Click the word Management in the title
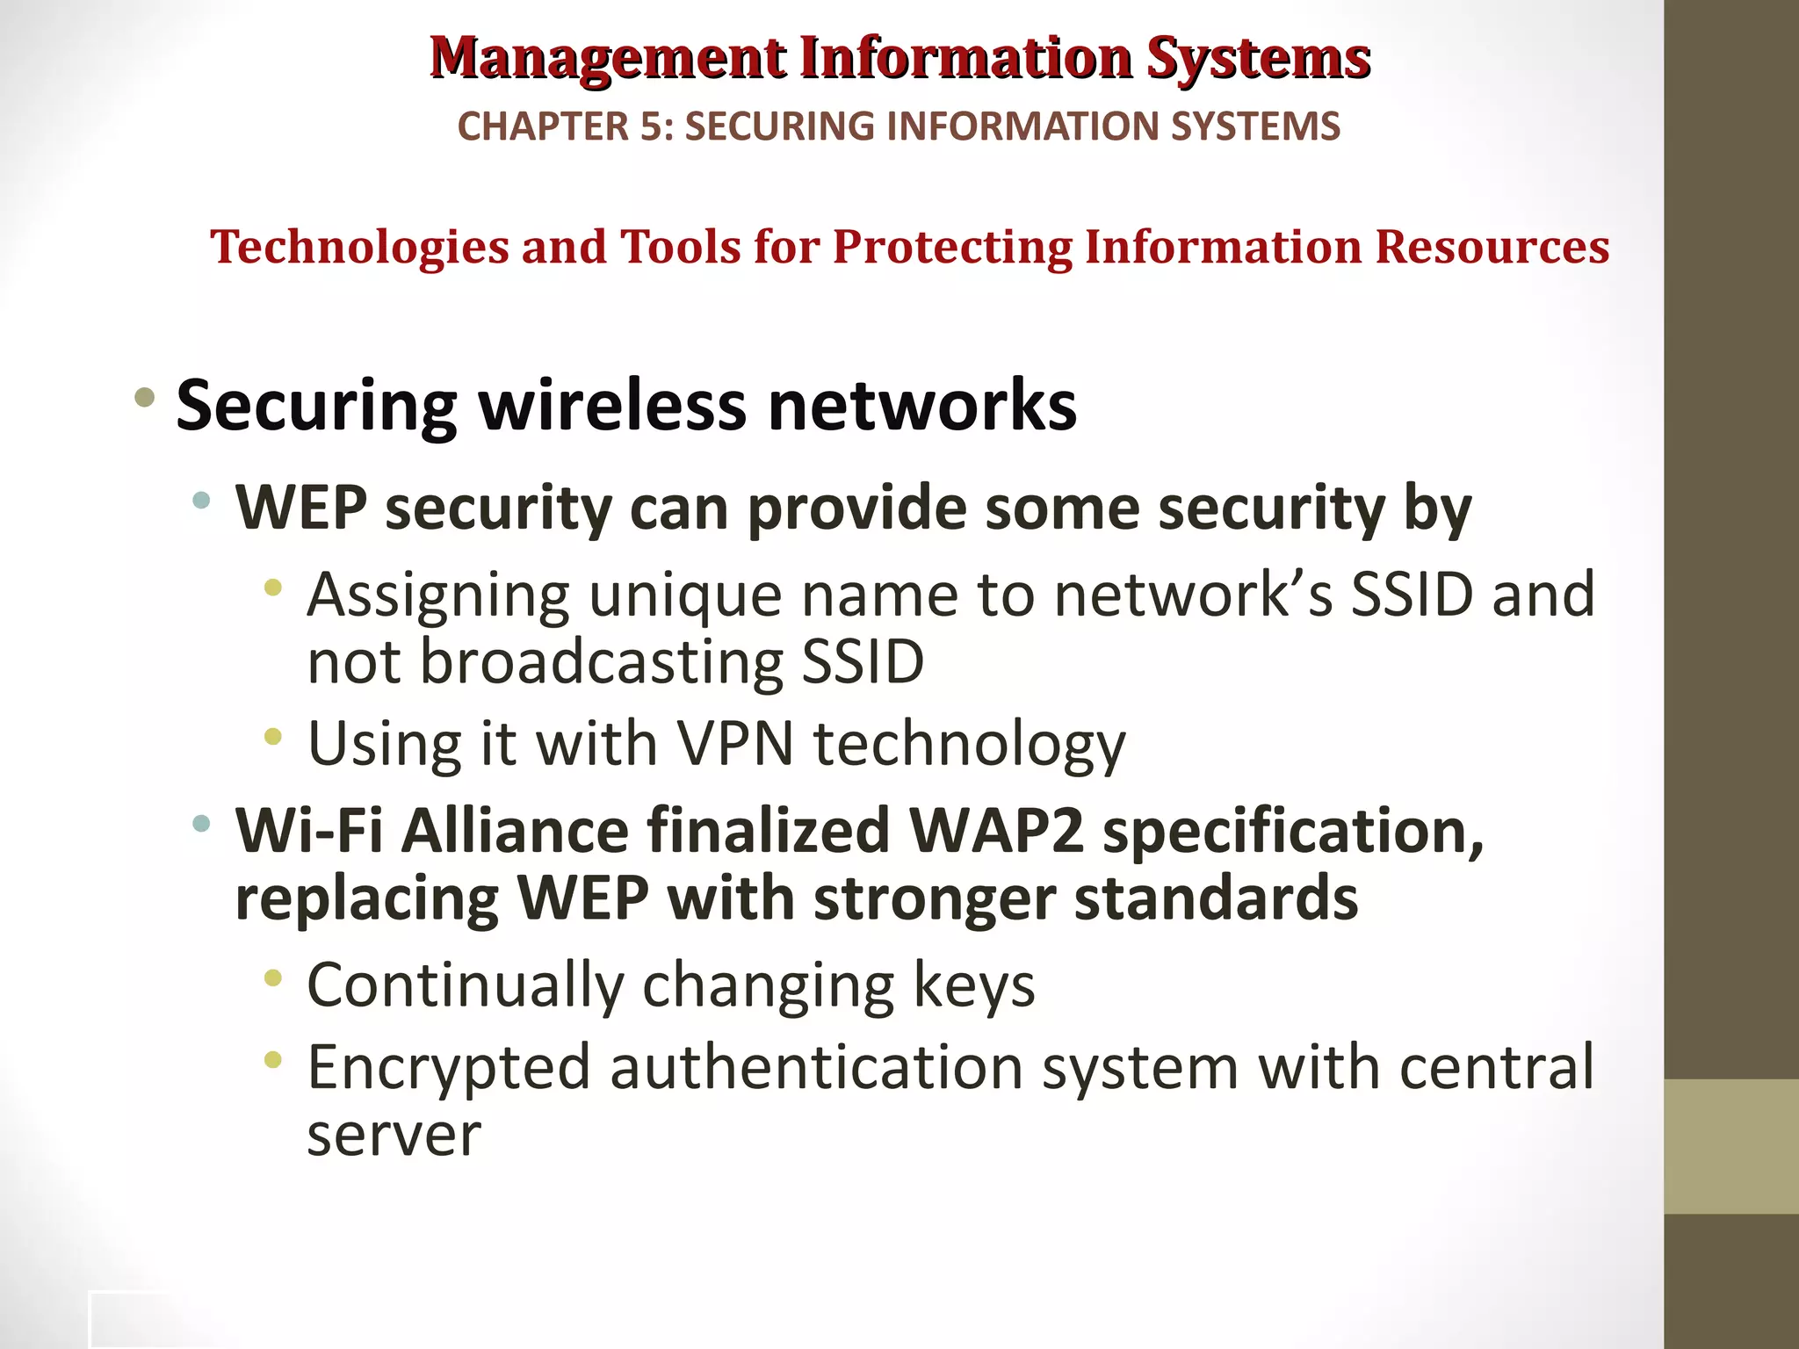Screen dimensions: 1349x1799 [608, 59]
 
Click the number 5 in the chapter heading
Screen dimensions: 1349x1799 [651, 126]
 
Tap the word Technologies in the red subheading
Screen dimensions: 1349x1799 [359, 247]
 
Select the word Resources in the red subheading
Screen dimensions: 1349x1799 [1492, 247]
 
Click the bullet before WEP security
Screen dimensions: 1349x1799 [202, 501]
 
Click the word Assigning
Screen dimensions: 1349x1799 [438, 596]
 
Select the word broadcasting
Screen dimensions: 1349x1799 [601, 661]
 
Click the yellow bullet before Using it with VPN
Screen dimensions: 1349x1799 [273, 737]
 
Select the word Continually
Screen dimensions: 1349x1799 [465, 985]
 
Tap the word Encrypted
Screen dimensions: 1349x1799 [448, 1068]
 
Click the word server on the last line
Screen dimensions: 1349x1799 [394, 1135]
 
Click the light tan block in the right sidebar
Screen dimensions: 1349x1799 [1731, 1146]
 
